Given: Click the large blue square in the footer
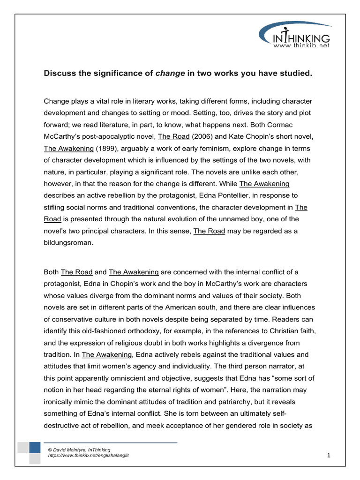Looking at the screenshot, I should (x=34, y=447).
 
